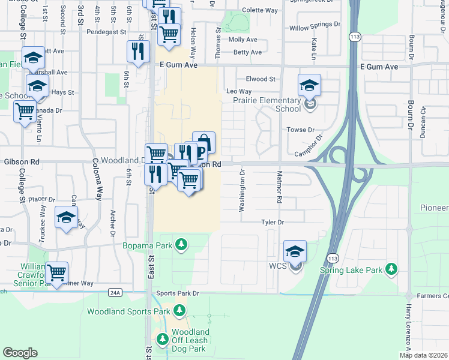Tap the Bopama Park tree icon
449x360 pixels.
[180, 245]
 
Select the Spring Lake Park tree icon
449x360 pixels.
[391, 269]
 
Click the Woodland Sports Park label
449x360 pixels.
[128, 311]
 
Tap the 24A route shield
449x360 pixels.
[116, 293]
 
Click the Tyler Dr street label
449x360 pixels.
[272, 222]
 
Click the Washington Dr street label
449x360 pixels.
[243, 190]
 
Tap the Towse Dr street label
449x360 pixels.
[301, 130]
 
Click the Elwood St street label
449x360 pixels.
[260, 79]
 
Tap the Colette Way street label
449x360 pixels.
[259, 10]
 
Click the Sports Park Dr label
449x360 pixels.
[177, 293]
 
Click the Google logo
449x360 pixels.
[20, 353]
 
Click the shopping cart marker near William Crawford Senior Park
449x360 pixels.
[57, 274]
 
